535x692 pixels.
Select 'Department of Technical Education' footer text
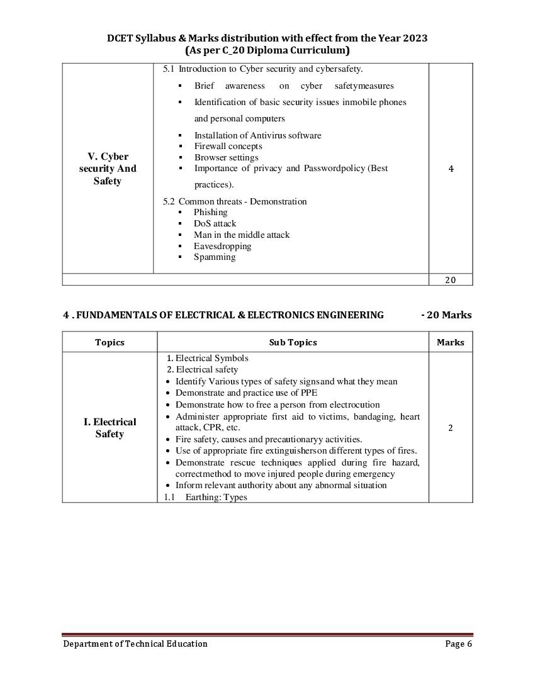[x=135, y=644]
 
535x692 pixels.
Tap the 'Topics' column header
[x=110, y=342]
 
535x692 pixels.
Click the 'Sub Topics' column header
[x=293, y=342]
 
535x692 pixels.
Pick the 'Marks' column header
[x=450, y=342]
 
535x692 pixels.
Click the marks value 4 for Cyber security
[x=451, y=169]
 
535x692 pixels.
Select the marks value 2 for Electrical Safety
[x=451, y=428]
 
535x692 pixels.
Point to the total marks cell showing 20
[x=451, y=280]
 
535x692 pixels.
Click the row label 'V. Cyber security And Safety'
[x=108, y=169]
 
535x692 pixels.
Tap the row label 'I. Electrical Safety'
[x=110, y=428]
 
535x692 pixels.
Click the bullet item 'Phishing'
[x=210, y=213]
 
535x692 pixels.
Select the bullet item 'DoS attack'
[x=215, y=224]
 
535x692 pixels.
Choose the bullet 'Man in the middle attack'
[x=242, y=235]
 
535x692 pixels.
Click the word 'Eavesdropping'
[x=222, y=246]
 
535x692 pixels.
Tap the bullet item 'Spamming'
[x=215, y=257]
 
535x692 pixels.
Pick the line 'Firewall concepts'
[x=228, y=146]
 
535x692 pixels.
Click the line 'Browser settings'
[x=226, y=157]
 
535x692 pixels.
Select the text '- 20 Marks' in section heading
[x=446, y=315]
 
